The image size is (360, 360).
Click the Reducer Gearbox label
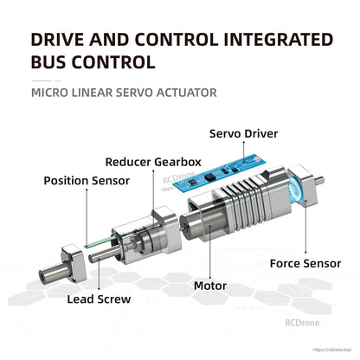pyautogui.click(x=154, y=161)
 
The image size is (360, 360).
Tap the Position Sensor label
pyautogui.click(x=87, y=180)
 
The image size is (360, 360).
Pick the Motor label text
pyautogui.click(x=209, y=285)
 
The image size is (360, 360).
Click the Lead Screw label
pyautogui.click(x=99, y=299)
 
